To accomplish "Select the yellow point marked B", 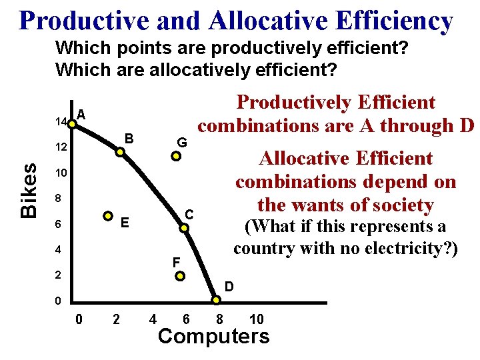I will click(x=120, y=152).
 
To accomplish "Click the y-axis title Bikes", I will click(x=28, y=191).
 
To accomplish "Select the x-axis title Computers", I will click(x=213, y=337).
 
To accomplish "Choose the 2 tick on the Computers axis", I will click(x=117, y=319).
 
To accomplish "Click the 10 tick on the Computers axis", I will click(x=256, y=319).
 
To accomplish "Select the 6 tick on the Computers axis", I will click(x=186, y=319).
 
